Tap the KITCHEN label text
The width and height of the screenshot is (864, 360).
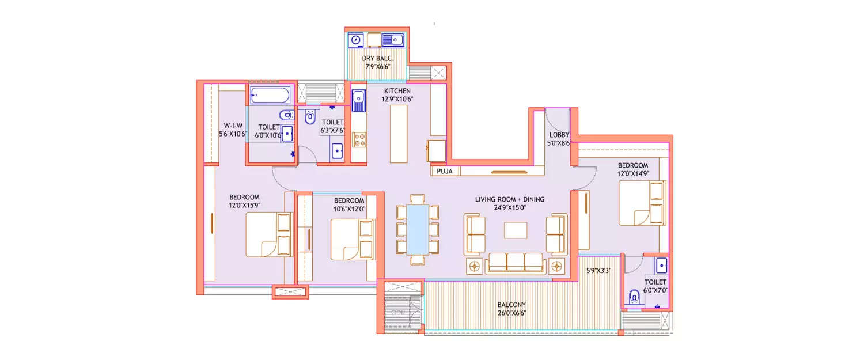[x=397, y=91]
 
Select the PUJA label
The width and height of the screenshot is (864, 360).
[x=444, y=171]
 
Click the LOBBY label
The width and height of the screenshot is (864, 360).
[x=559, y=135]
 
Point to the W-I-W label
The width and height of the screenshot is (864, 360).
[x=233, y=126]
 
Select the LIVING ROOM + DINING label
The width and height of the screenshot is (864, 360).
[x=509, y=199]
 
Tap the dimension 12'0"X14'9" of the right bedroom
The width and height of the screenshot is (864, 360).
[x=633, y=173]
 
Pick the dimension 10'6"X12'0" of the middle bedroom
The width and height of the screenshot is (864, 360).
[x=349, y=209]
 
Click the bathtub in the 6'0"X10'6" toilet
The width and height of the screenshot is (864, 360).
[x=272, y=94]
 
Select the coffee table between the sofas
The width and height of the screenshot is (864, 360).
[x=516, y=230]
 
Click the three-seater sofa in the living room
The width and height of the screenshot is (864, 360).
[x=516, y=263]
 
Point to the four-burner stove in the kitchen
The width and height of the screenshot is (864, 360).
[x=359, y=139]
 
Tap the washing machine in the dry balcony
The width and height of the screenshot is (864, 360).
[x=357, y=40]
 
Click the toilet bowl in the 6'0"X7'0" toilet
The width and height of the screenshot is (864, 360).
[x=634, y=297]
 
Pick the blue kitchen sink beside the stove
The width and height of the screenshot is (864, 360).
[x=359, y=101]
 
